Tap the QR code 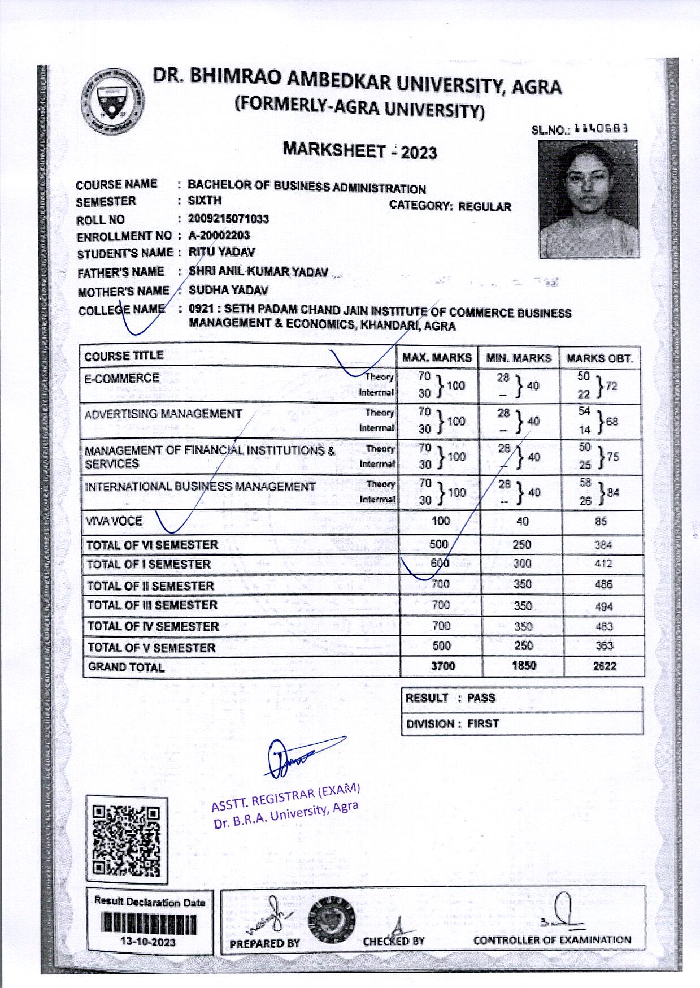pyautogui.click(x=127, y=840)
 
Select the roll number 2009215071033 pyautogui.click(x=228, y=219)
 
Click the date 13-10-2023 pyautogui.click(x=149, y=942)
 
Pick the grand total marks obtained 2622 pyautogui.click(x=604, y=666)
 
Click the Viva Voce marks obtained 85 pyautogui.click(x=601, y=521)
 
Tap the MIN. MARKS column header pyautogui.click(x=518, y=358)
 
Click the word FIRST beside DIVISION pyautogui.click(x=482, y=723)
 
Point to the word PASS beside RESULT pyautogui.click(x=481, y=698)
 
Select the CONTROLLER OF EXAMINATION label pyautogui.click(x=551, y=940)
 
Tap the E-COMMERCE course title pyautogui.click(x=121, y=378)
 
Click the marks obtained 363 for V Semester pyautogui.click(x=603, y=645)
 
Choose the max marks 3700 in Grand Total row pyautogui.click(x=442, y=666)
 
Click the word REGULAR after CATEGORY pyautogui.click(x=484, y=207)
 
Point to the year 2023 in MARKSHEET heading pyautogui.click(x=419, y=152)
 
